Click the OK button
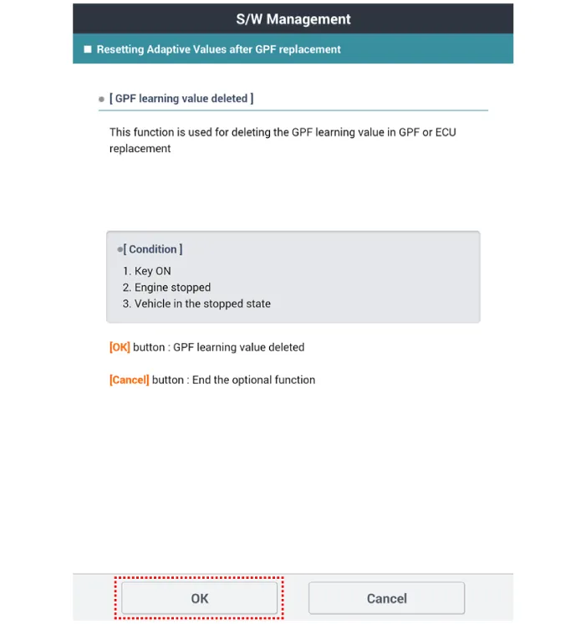point(199,598)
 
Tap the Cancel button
point(386,598)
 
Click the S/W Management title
point(293,18)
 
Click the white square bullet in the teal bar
point(88,49)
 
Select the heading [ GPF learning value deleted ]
point(181,99)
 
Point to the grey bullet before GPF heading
point(102,100)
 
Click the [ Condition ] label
point(155,249)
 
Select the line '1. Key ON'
point(147,271)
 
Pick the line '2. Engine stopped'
point(166,287)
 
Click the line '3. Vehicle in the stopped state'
point(196,304)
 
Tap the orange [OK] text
point(120,347)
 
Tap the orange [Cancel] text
point(129,380)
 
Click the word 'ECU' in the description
point(445,132)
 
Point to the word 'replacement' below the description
point(140,149)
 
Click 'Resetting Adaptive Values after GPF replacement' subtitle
point(218,49)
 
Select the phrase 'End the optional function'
point(253,380)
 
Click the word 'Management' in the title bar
point(308,18)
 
